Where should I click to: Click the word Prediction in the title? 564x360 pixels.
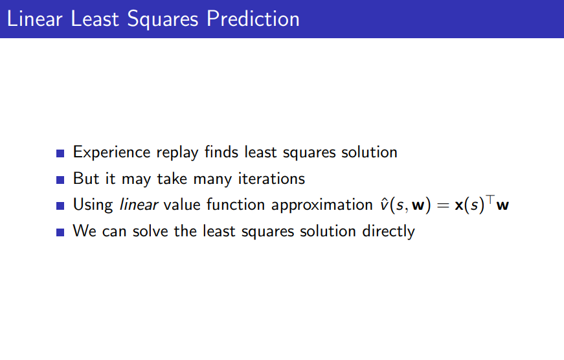point(253,19)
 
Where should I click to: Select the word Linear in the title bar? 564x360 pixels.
point(35,19)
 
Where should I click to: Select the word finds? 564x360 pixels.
point(221,152)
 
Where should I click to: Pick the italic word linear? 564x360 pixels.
point(139,204)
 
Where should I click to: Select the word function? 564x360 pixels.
point(234,204)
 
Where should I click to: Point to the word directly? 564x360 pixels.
point(389,232)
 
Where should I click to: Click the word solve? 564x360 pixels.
point(150,231)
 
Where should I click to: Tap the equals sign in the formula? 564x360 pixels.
point(443,205)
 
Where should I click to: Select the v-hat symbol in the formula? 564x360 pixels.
point(384,205)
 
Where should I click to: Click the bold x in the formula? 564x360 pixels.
point(459,205)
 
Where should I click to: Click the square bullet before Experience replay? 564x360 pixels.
point(60,153)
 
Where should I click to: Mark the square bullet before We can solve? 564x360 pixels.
point(60,232)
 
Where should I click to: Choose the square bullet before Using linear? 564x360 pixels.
point(60,206)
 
